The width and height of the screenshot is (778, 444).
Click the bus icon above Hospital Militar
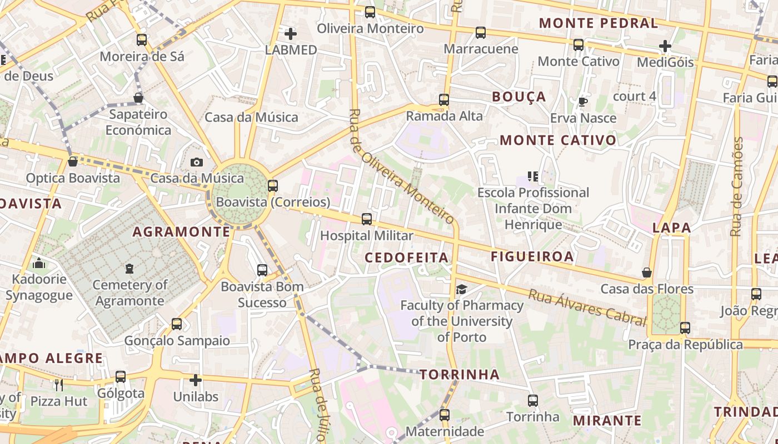pyautogui.click(x=366, y=219)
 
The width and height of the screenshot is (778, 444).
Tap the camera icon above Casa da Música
pyautogui.click(x=196, y=162)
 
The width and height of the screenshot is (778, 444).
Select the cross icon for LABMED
pyautogui.click(x=290, y=33)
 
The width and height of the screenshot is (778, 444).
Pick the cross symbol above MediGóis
pyautogui.click(x=665, y=46)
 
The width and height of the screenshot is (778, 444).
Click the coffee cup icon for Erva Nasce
pyautogui.click(x=582, y=102)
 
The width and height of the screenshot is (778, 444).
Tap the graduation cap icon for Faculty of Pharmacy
pyautogui.click(x=461, y=289)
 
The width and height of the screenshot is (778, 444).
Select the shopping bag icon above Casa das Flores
pyautogui.click(x=647, y=273)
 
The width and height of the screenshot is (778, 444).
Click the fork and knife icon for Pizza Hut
pyautogui.click(x=58, y=385)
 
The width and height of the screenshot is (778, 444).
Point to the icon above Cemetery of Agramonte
pyautogui.click(x=129, y=269)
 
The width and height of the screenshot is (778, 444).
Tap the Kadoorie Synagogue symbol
pyautogui.click(x=39, y=263)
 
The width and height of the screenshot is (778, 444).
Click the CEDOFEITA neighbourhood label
pyautogui.click(x=406, y=258)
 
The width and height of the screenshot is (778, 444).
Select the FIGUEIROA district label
pyautogui.click(x=532, y=256)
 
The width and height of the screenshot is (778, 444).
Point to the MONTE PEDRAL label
pyautogui.click(x=599, y=23)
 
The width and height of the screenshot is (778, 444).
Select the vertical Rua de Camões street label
pyautogui.click(x=737, y=186)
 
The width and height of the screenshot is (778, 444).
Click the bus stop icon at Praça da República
pyautogui.click(x=685, y=328)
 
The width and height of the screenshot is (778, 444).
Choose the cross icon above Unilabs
pyautogui.click(x=195, y=380)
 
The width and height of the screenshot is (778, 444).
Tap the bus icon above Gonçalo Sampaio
pyautogui.click(x=176, y=324)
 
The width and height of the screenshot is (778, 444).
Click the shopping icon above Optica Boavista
pyautogui.click(x=72, y=162)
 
